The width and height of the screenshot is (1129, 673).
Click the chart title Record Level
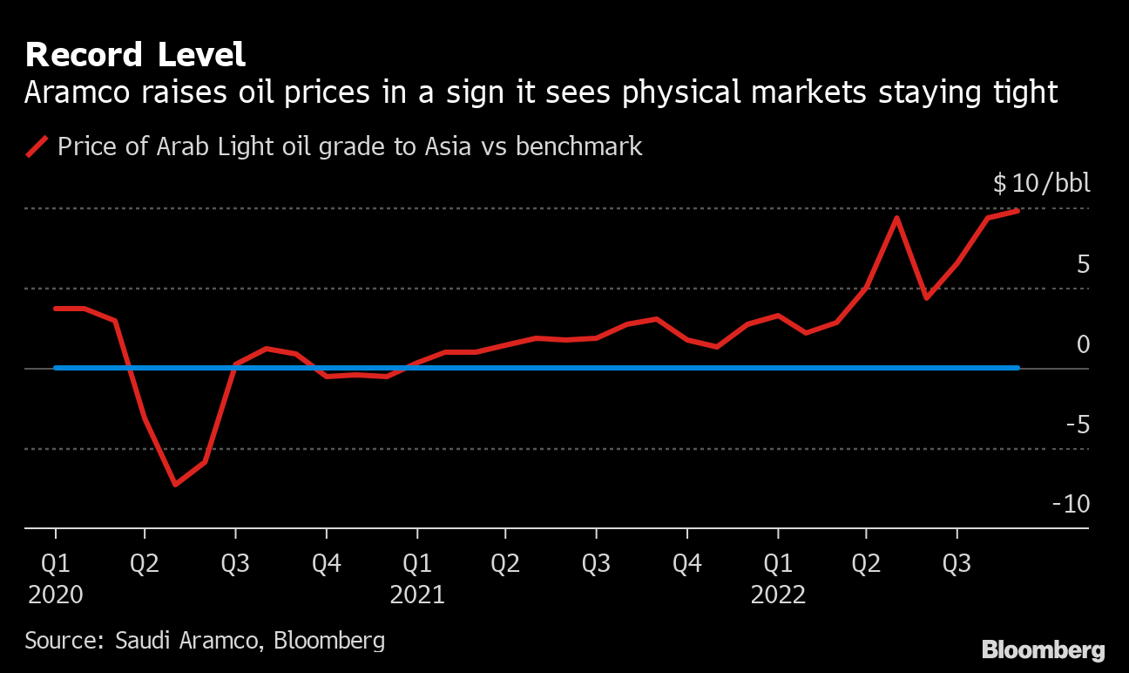point(135,55)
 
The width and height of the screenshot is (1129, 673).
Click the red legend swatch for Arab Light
point(37,146)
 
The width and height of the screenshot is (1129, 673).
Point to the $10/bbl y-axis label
point(1041,184)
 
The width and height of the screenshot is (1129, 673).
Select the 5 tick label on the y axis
point(1083,264)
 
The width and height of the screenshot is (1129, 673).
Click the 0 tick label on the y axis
point(1083,344)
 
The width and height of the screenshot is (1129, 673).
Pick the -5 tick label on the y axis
point(1077,425)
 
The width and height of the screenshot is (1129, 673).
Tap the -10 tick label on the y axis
point(1071,504)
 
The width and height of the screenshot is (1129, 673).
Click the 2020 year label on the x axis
point(56,595)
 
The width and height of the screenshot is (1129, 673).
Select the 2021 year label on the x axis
point(417,595)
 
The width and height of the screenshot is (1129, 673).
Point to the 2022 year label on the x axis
point(778,595)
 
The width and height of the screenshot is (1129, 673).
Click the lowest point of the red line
point(175,485)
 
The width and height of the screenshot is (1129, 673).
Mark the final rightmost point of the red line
point(1017,211)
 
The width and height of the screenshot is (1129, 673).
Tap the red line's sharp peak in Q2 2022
point(896,217)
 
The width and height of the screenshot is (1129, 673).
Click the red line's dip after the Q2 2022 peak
point(925,298)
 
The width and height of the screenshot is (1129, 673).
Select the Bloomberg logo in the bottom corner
point(1043,650)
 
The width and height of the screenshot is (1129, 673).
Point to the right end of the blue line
point(1017,368)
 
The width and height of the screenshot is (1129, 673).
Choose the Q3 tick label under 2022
point(957,564)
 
